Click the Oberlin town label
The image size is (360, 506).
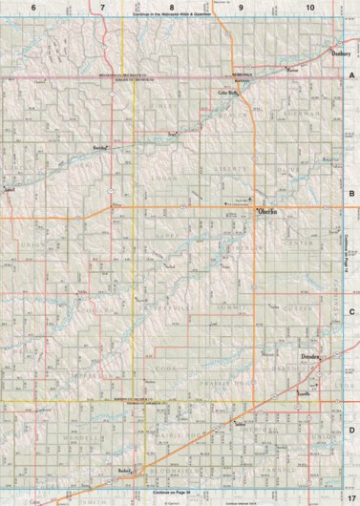[267, 210]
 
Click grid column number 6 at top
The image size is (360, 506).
[34, 8]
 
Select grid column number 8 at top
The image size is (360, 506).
[171, 8]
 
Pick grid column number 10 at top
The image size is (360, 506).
[310, 8]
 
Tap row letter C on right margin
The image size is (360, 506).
[351, 312]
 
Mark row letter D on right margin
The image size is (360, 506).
[351, 430]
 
